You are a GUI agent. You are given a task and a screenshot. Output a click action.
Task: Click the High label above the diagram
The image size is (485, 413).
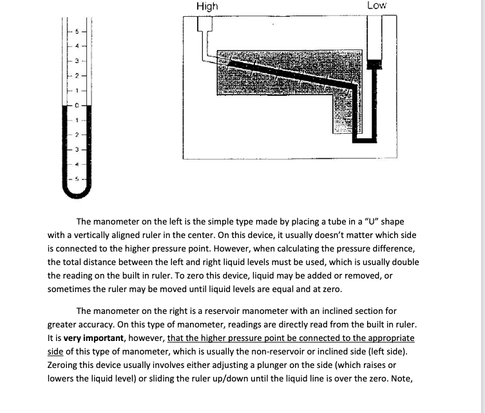coord(207,6)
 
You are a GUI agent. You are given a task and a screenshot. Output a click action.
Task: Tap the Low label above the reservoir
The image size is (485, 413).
coord(377,5)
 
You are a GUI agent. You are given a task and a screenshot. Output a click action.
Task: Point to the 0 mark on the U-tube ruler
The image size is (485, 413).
coord(77,104)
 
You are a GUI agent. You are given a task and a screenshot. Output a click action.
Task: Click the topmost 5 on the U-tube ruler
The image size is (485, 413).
coord(77,31)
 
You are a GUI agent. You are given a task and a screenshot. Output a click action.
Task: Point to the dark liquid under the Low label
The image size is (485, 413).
coord(374,64)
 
